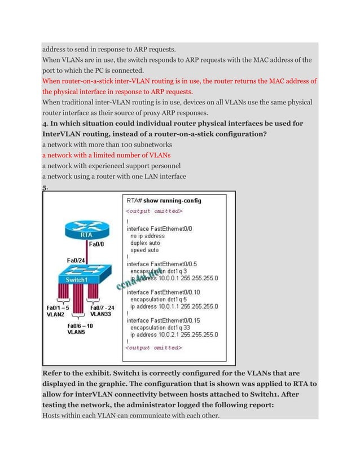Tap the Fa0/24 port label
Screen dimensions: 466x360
[76, 260]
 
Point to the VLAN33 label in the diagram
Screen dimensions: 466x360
[100, 315]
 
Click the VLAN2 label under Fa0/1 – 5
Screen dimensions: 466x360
[55, 315]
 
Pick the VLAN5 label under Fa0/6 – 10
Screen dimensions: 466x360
[78, 333]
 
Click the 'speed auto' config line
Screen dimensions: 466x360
[144, 249]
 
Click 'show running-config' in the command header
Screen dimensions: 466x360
[173, 200]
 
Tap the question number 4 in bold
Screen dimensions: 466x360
[45, 124]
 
